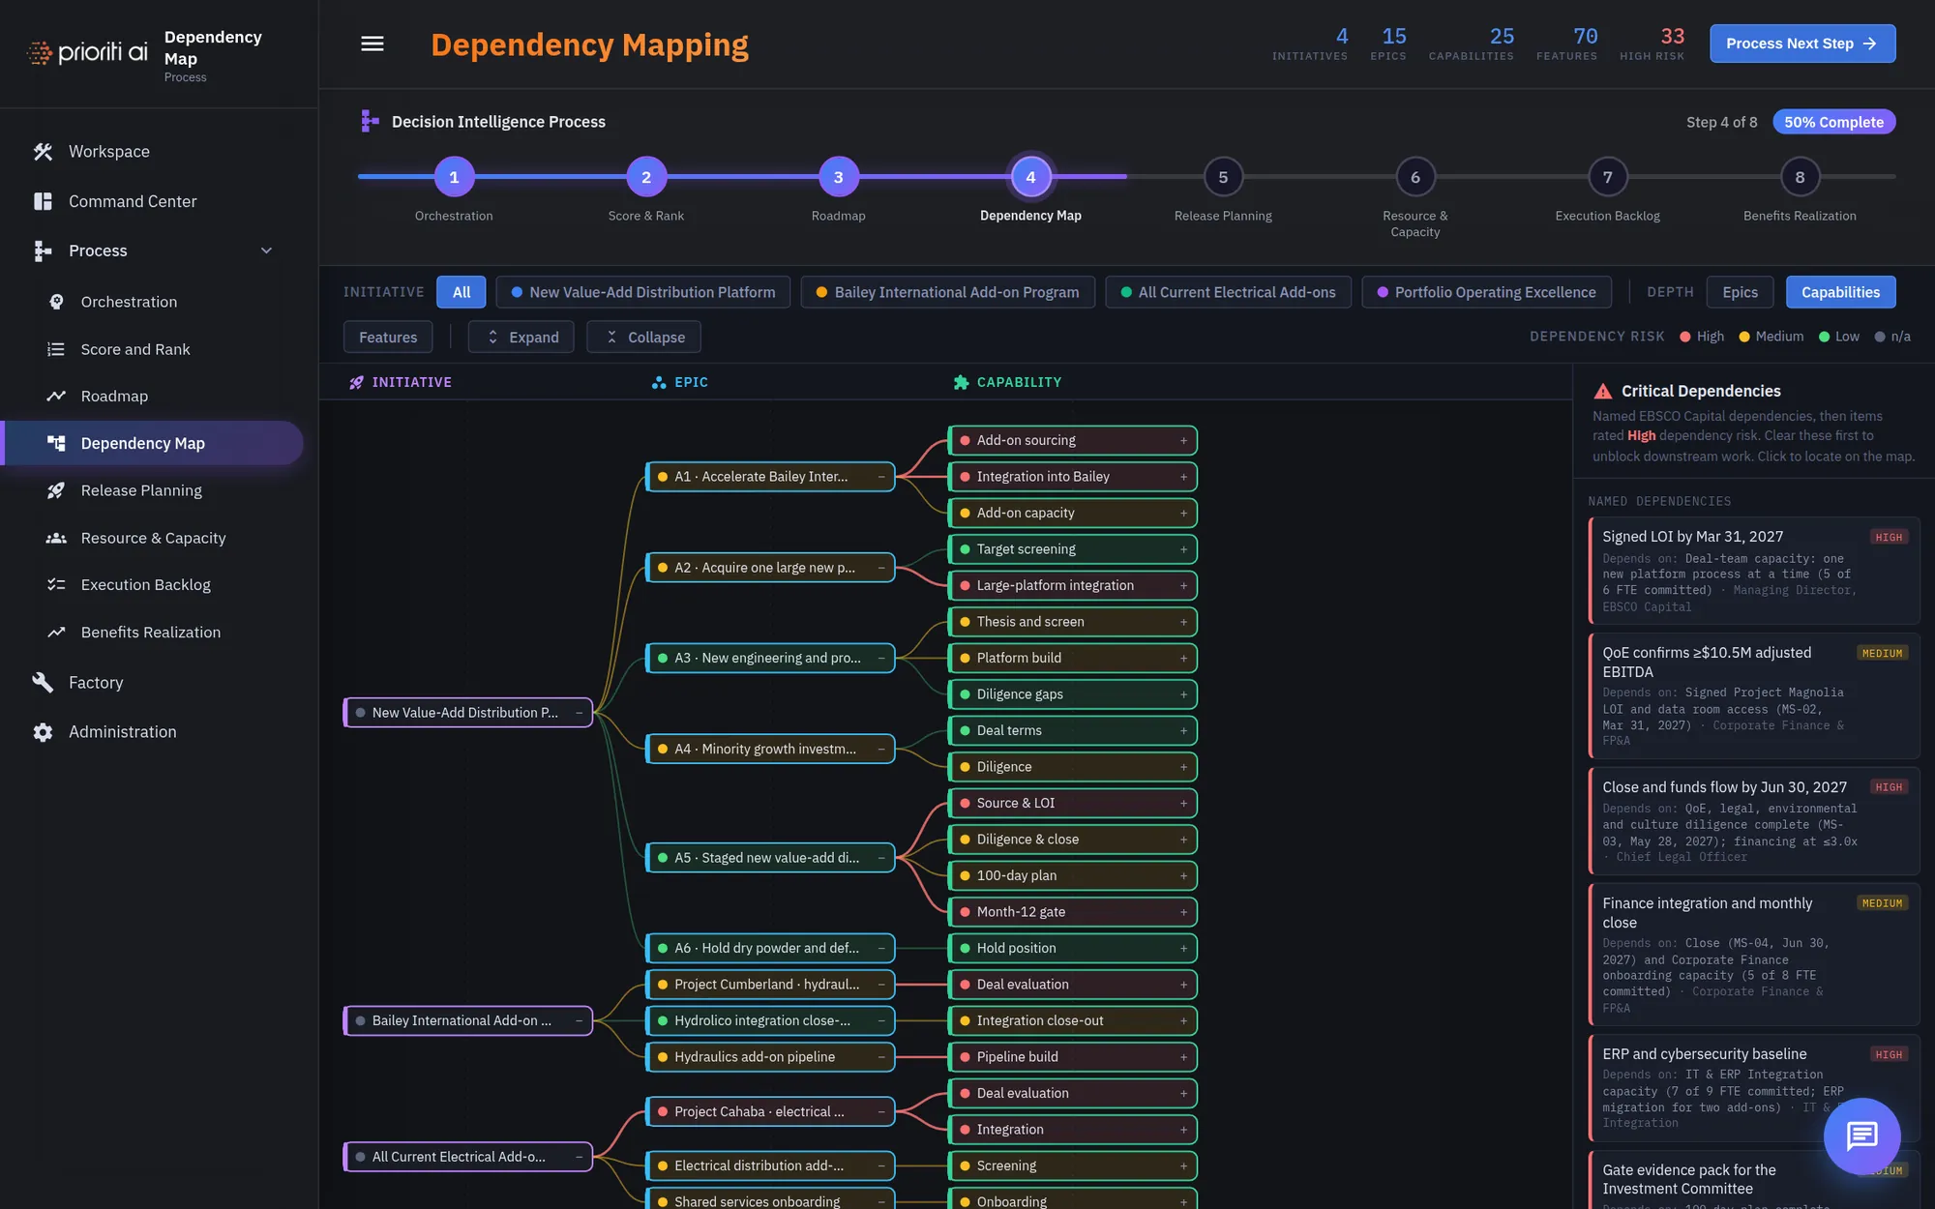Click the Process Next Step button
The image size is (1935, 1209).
click(x=1801, y=44)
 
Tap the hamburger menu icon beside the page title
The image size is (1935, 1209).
click(x=372, y=44)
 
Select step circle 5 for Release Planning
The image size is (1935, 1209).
click(x=1223, y=177)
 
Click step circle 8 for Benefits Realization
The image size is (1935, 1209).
click(x=1800, y=177)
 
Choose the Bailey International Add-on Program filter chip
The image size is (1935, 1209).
click(x=947, y=292)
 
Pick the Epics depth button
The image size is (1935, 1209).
click(x=1740, y=292)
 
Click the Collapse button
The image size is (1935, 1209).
click(x=643, y=337)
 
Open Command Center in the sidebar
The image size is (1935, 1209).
click(x=133, y=201)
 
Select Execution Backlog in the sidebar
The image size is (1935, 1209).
click(x=145, y=584)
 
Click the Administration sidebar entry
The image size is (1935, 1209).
click(x=122, y=732)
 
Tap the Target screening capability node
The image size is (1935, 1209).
click(x=1072, y=549)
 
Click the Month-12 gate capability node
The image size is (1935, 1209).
click(x=1072, y=912)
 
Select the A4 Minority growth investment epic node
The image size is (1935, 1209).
click(x=770, y=749)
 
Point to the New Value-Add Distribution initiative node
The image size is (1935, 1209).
click(x=468, y=713)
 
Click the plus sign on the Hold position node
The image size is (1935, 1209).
click(x=1183, y=949)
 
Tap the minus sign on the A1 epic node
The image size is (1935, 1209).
click(x=881, y=477)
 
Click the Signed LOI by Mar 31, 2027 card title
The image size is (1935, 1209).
click(x=1692, y=537)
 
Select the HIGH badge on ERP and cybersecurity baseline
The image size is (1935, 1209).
click(x=1888, y=1055)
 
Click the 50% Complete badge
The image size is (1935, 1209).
click(x=1833, y=122)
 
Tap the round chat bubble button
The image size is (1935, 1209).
click(x=1861, y=1136)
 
